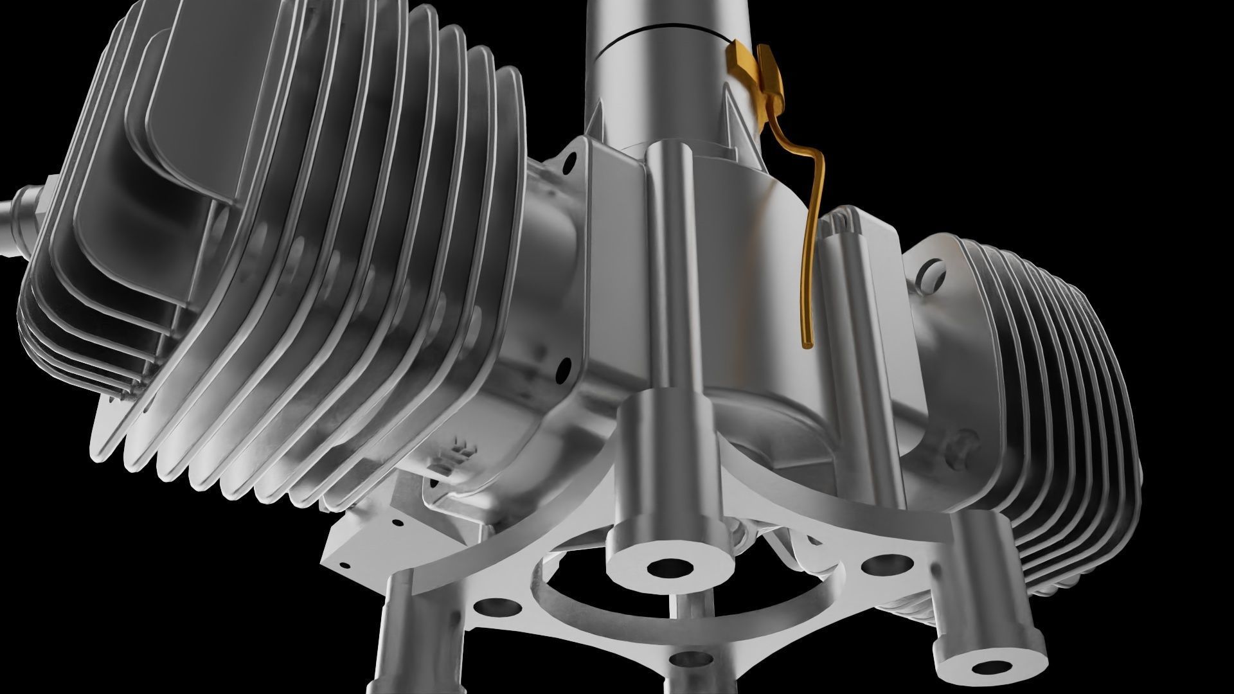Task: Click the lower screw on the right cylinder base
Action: (959, 444)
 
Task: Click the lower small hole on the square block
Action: (346, 566)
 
